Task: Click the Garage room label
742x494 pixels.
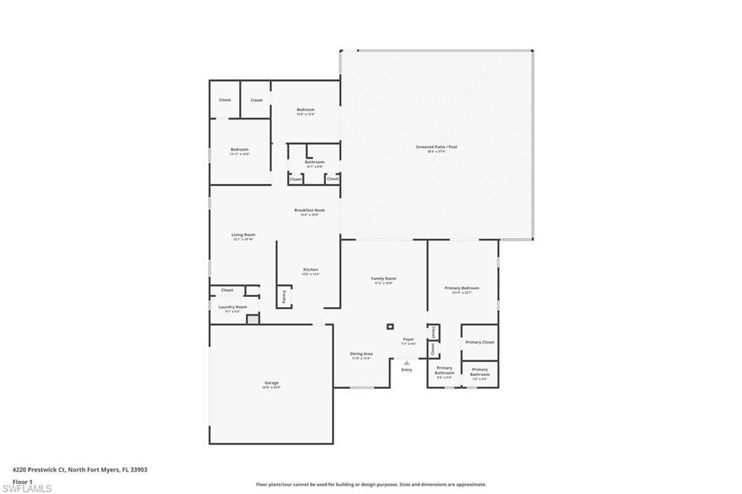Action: pos(271,383)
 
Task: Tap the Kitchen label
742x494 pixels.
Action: pos(310,270)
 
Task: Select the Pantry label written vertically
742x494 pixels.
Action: pos(284,296)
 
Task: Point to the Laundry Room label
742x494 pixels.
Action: pos(233,307)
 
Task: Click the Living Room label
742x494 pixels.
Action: pos(243,235)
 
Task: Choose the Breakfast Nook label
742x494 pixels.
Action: pos(309,211)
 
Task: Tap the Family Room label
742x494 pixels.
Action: pos(383,279)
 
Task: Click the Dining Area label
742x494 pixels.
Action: pos(361,354)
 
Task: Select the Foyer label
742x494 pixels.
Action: pos(409,339)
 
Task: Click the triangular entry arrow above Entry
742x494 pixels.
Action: pos(407,363)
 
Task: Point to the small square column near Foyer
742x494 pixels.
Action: pos(390,327)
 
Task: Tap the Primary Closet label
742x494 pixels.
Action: pos(479,342)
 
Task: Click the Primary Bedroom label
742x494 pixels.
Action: pos(462,288)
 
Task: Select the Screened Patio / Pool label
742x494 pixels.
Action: pos(436,147)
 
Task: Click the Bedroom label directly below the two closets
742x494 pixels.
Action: pos(239,150)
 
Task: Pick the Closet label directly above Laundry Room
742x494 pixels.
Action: pos(228,290)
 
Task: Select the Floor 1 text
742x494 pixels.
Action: pos(22,481)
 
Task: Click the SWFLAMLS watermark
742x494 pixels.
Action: pos(27,489)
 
